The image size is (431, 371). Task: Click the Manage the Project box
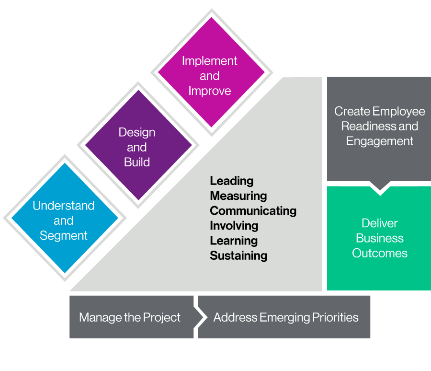pyautogui.click(x=130, y=317)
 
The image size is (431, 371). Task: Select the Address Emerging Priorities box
pyautogui.click(x=285, y=317)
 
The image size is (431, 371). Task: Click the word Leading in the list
pyautogui.click(x=232, y=181)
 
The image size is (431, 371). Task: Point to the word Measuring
pyautogui.click(x=238, y=196)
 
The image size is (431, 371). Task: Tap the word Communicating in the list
pyautogui.click(x=253, y=211)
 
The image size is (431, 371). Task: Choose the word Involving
pyautogui.click(x=234, y=226)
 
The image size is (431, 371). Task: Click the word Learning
pyautogui.click(x=234, y=241)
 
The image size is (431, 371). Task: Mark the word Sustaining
pyautogui.click(x=238, y=255)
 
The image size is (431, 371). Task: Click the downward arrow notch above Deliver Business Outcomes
pyautogui.click(x=379, y=188)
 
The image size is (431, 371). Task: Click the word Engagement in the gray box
pyautogui.click(x=379, y=141)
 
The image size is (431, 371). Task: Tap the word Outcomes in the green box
pyautogui.click(x=379, y=253)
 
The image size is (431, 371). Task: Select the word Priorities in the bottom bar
pyautogui.click(x=335, y=317)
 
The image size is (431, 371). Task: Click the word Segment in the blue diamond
pyautogui.click(x=64, y=236)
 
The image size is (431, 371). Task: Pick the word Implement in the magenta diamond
pyautogui.click(x=209, y=61)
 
